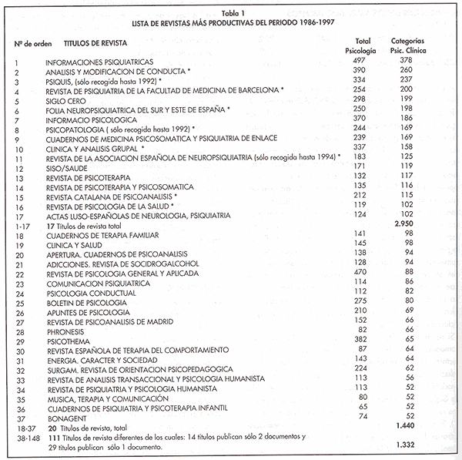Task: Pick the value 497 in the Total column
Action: [360, 61]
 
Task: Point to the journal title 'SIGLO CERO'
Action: [66, 99]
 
